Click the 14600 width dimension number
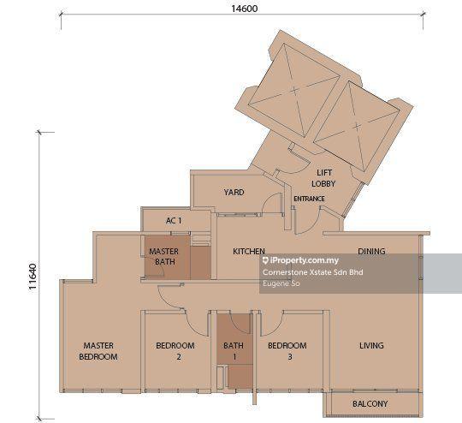coord(244,9)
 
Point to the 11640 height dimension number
coord(33,277)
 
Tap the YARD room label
coord(234,193)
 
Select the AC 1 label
coord(174,220)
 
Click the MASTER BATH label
coord(163,256)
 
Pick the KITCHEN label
coord(249,252)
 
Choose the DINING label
coord(371,252)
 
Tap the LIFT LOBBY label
coord(323,178)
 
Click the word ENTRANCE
coord(309,199)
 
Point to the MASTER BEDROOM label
coord(98,351)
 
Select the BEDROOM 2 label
coord(175,351)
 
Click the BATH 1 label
coord(234,351)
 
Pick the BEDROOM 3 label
coord(287,351)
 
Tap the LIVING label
coord(371,345)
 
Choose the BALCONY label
coord(370,403)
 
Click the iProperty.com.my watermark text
coord(300,260)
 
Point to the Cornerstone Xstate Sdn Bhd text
coord(312,272)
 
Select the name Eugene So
coord(281,283)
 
